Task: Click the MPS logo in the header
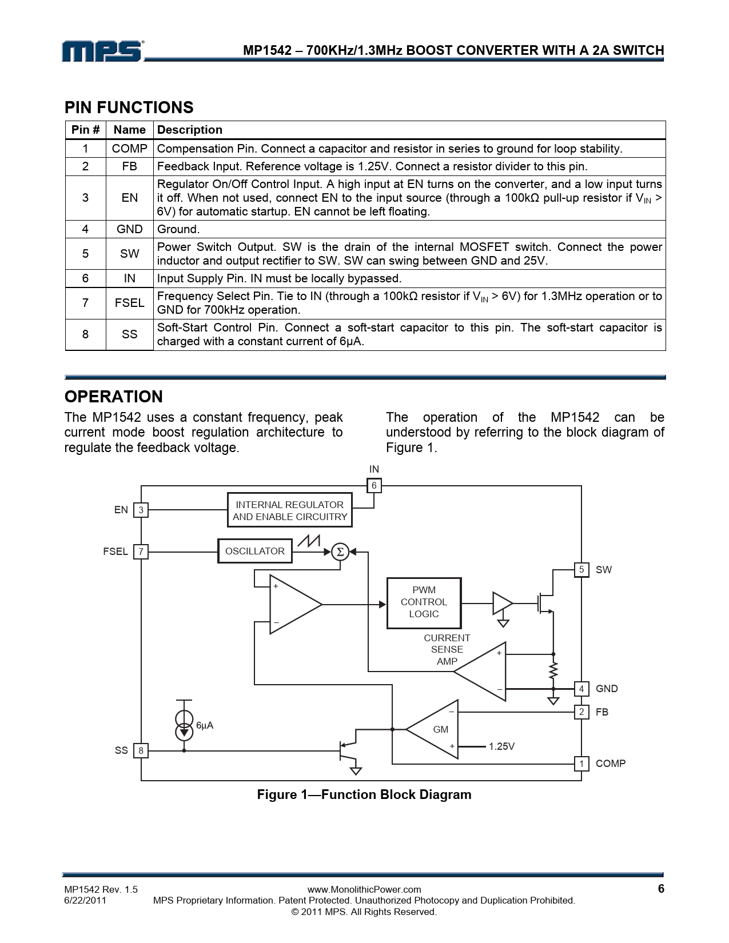coord(102,51)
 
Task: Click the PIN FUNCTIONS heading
coord(129,107)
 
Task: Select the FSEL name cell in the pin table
coord(129,303)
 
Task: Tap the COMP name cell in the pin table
coord(129,149)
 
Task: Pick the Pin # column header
coord(85,130)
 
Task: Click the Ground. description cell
coord(178,229)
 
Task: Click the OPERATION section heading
coord(113,397)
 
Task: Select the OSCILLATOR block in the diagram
coord(255,551)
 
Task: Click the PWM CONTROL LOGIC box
coord(424,602)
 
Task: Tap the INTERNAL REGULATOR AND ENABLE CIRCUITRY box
coord(290,510)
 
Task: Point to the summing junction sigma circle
coord(340,552)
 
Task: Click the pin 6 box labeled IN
coord(374,486)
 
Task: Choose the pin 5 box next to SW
coord(581,570)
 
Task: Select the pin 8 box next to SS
coord(141,750)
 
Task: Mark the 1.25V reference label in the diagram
coord(501,746)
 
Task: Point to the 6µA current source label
coord(205,725)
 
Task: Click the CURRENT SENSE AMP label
coord(447,649)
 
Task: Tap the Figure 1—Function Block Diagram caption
coord(364,794)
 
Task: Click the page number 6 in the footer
coord(661,889)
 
